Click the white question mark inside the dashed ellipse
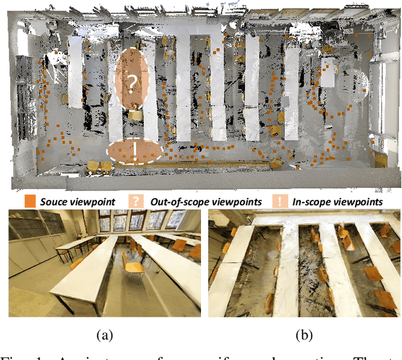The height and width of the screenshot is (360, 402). [x=132, y=82]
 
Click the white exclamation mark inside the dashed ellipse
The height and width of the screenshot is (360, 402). [x=134, y=151]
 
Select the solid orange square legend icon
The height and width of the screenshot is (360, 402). [x=30, y=201]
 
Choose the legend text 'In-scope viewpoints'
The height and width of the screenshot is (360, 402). [x=338, y=202]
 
